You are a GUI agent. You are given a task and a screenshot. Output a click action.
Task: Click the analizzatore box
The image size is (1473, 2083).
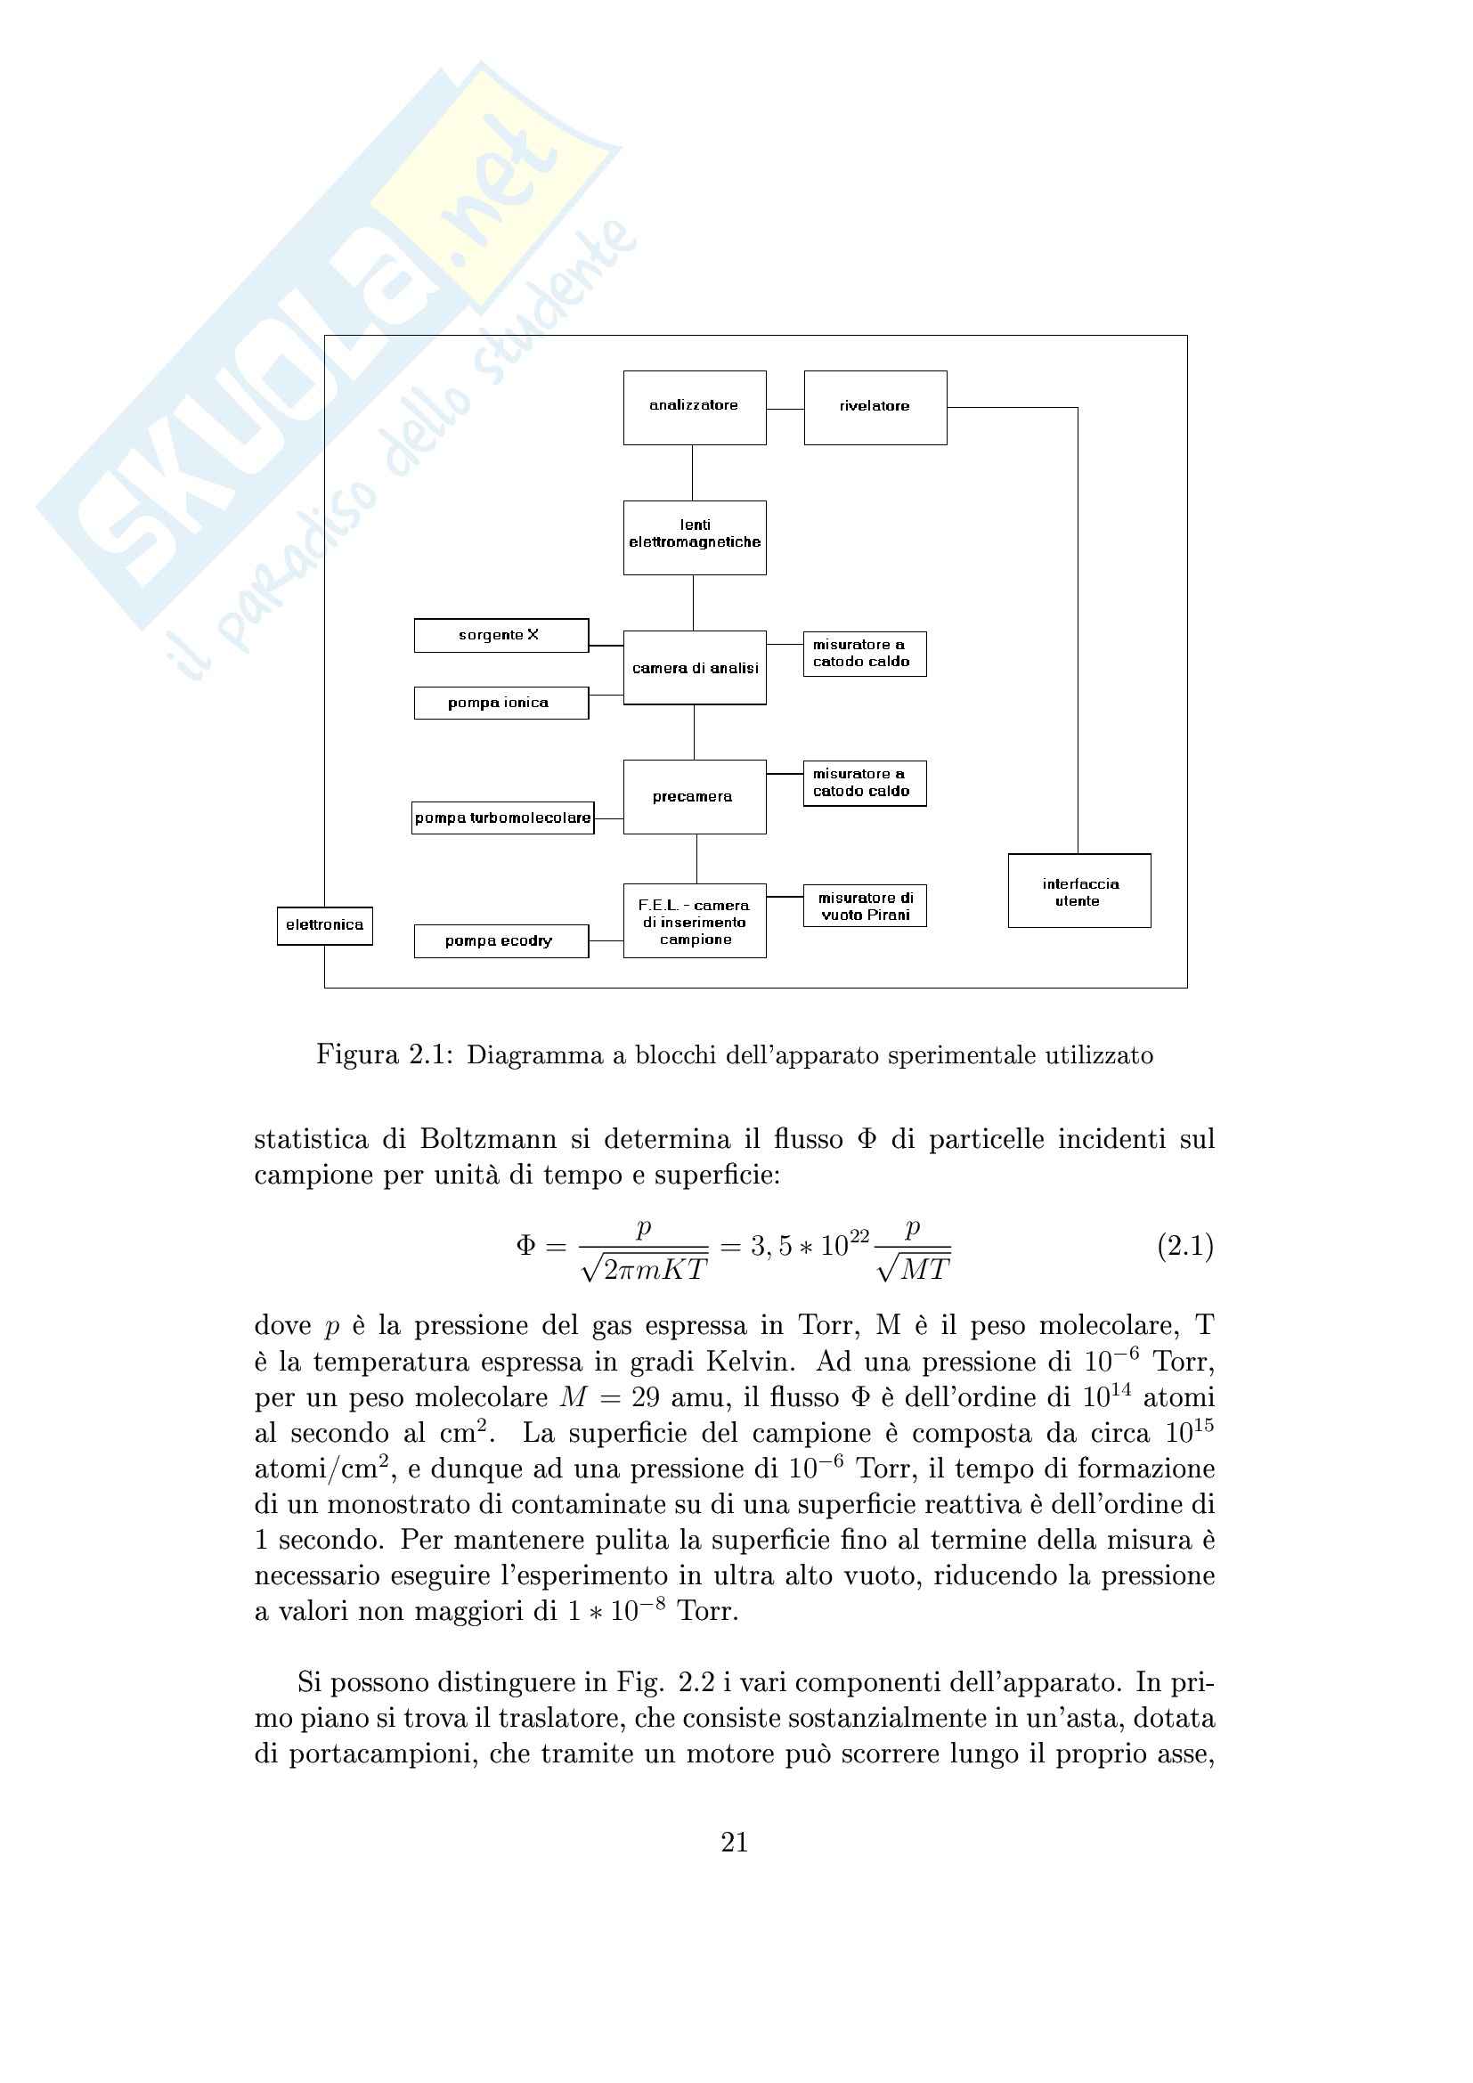(694, 407)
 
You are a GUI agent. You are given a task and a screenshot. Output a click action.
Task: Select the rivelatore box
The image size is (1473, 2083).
(875, 407)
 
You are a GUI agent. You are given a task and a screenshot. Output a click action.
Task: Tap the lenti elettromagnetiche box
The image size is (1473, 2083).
(694, 537)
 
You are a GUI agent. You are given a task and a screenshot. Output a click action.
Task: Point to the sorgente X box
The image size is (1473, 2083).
(500, 635)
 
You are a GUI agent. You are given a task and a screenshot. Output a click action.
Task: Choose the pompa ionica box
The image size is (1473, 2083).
(500, 704)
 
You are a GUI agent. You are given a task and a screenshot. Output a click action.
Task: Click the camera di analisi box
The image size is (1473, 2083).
(694, 668)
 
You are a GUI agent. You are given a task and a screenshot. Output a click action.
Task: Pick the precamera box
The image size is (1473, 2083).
(694, 796)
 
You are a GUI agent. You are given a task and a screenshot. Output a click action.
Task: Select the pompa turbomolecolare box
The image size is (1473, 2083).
(502, 818)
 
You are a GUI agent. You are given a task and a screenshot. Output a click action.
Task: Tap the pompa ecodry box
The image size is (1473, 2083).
(500, 940)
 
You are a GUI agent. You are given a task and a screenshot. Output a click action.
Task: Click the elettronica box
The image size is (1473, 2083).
(325, 925)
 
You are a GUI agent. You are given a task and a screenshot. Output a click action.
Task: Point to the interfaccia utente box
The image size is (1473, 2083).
(1079, 891)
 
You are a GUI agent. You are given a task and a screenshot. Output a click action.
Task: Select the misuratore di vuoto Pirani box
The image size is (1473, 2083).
(865, 906)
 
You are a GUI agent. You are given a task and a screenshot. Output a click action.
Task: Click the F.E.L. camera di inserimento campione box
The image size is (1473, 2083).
(694, 921)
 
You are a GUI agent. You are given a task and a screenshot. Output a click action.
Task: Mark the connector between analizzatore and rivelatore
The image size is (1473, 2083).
(785, 409)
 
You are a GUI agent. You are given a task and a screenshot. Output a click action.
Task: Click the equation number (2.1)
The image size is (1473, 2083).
(1184, 1247)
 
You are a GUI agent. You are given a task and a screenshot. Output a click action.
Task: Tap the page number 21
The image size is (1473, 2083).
(735, 1842)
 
